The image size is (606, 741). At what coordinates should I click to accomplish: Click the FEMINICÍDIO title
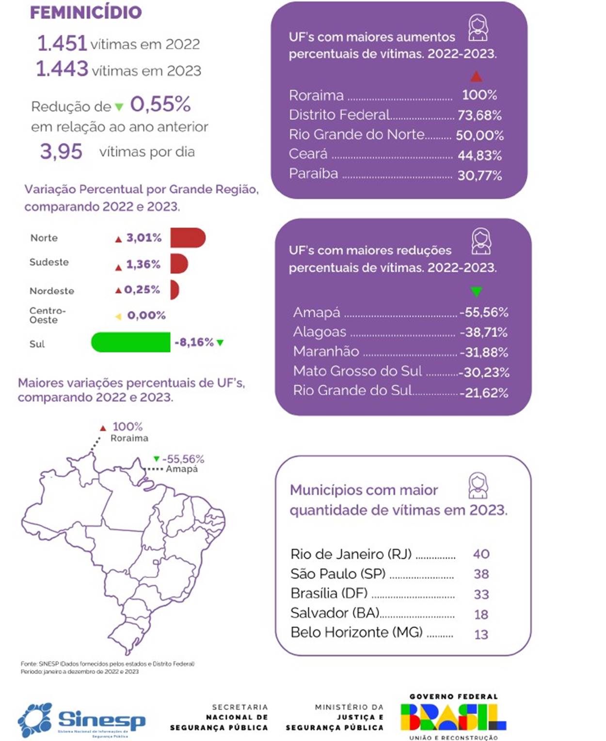[86, 12]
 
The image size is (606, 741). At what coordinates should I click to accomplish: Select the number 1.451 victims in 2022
[62, 44]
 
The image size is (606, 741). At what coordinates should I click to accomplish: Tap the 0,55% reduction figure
[160, 104]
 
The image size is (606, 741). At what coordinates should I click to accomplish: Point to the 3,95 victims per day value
[61, 152]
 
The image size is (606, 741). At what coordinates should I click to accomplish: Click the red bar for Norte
[188, 238]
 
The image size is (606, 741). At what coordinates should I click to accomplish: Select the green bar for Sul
[131, 342]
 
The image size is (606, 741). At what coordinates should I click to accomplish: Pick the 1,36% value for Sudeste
[143, 264]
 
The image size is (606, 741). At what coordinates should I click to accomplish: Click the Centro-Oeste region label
[47, 315]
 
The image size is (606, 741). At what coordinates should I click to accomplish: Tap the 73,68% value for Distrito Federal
[479, 115]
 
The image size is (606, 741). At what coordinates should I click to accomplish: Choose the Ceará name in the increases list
[308, 154]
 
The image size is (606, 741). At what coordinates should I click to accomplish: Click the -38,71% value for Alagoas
[483, 332]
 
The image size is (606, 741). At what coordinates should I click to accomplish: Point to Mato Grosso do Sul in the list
[357, 371]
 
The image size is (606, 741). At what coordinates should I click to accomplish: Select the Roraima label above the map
[129, 438]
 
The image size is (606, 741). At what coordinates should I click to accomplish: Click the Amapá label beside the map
[182, 469]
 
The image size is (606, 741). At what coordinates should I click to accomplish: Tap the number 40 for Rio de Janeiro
[481, 554]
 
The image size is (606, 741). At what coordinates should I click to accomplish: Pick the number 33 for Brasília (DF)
[481, 594]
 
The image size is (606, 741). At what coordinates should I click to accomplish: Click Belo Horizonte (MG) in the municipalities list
[356, 632]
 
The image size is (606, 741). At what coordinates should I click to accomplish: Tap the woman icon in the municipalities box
[478, 486]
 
